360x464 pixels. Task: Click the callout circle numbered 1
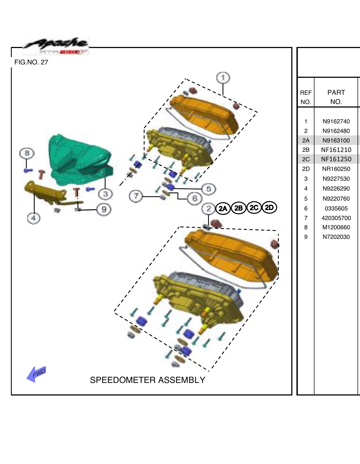223,78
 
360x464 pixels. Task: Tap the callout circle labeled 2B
239,208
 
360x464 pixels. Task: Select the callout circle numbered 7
136,196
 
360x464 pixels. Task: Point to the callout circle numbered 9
104,209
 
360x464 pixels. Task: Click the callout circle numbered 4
34,218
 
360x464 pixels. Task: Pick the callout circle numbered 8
27,153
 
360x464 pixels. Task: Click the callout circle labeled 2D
269,208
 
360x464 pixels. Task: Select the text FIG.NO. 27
31,62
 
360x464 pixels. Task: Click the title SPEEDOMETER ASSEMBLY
147,380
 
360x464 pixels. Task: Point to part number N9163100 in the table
336,140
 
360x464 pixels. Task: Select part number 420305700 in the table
336,218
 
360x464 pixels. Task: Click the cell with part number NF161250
336,159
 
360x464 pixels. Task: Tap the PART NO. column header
336,97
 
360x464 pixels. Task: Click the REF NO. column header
306,97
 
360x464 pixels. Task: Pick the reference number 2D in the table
306,169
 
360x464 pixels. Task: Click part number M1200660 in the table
336,227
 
